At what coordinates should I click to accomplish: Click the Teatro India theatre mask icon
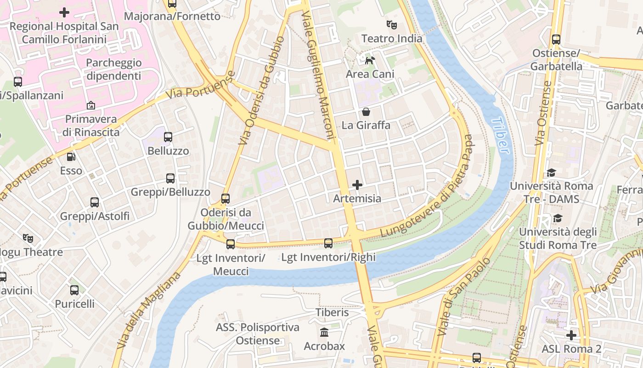click(391, 24)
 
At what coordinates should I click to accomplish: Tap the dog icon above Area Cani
click(370, 60)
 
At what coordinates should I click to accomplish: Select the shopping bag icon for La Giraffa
click(366, 112)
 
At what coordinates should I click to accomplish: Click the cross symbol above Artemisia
click(357, 185)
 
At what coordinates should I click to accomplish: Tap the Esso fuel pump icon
click(71, 157)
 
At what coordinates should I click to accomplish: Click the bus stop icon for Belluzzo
click(168, 137)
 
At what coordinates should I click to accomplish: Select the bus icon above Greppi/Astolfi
click(95, 202)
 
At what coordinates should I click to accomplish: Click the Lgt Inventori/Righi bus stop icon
click(328, 243)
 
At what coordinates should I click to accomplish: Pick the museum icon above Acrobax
click(324, 332)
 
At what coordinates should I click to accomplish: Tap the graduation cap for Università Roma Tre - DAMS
click(551, 172)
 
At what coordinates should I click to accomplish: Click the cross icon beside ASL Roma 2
click(571, 335)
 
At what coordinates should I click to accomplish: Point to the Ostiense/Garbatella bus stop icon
click(556, 40)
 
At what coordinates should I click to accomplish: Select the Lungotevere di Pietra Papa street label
click(427, 186)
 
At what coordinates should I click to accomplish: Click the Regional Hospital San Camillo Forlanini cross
click(64, 12)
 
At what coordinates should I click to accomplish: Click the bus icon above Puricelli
click(74, 290)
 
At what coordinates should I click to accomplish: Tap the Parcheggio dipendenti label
click(114, 69)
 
